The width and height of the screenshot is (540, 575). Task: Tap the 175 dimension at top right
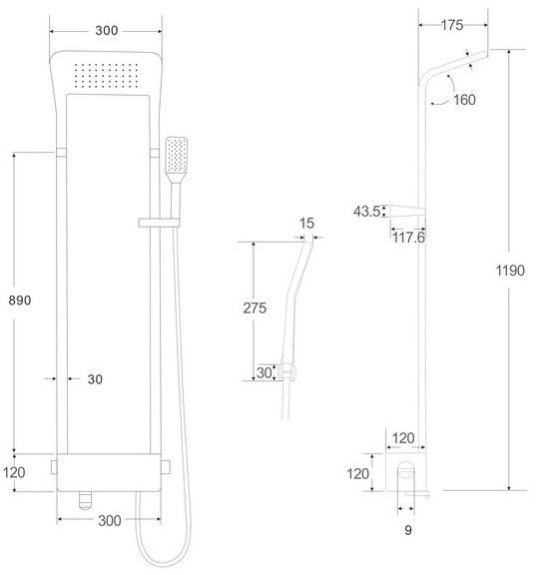pyautogui.click(x=452, y=27)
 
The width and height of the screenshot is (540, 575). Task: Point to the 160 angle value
pyautogui.click(x=463, y=99)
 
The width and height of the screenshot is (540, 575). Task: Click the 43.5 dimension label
pyautogui.click(x=366, y=211)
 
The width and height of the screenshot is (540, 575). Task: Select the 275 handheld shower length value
pyautogui.click(x=254, y=308)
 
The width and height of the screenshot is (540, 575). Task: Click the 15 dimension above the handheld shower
pyautogui.click(x=306, y=225)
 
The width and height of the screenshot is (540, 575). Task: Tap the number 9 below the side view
pyautogui.click(x=407, y=532)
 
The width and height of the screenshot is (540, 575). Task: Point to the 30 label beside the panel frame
pyautogui.click(x=95, y=379)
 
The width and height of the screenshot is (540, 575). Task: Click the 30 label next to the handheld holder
pyautogui.click(x=264, y=371)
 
